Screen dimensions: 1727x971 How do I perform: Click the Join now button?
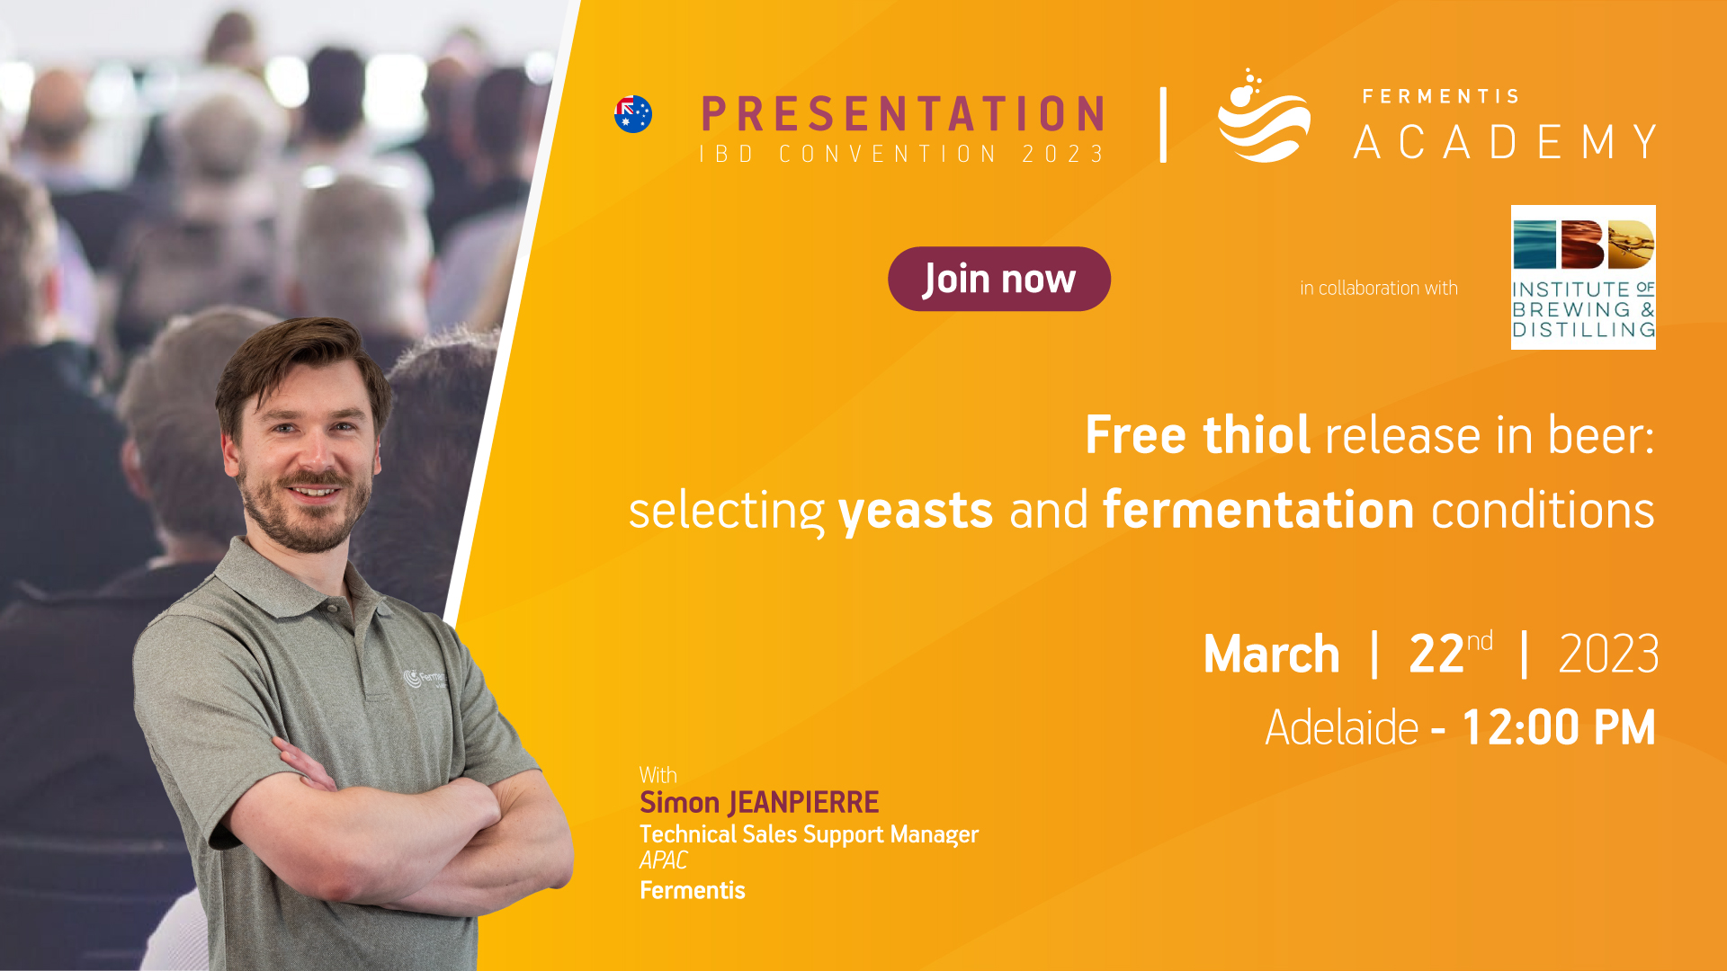pos(999,279)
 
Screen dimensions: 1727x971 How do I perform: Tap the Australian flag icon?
pos(633,114)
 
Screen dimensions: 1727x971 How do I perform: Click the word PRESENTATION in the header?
pos(903,114)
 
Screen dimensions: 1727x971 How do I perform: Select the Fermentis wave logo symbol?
pos(1264,115)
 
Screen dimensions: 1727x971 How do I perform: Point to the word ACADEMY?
pos(1506,142)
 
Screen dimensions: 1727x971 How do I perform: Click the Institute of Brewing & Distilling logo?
pos(1583,277)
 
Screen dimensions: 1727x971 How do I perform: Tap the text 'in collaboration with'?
pos(1379,288)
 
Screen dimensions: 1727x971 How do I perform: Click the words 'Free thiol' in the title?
pos(1197,435)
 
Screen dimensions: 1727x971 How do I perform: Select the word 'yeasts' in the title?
pos(916,511)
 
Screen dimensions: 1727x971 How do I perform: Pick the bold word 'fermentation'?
pos(1258,510)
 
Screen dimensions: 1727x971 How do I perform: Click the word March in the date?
pos(1272,654)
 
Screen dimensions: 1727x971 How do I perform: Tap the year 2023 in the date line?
pos(1608,654)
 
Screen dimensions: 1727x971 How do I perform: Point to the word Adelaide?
pos(1342,727)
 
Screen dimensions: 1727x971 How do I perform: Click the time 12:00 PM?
pos(1559,727)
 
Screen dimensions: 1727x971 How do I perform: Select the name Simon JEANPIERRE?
pos(759,802)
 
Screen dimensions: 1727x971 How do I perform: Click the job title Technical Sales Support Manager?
pos(809,834)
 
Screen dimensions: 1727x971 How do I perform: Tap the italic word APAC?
pos(663,860)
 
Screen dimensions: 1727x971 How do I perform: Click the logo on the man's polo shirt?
pos(425,679)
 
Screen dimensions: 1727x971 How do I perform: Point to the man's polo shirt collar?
pos(297,575)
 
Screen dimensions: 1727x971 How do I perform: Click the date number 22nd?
pos(1450,653)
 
